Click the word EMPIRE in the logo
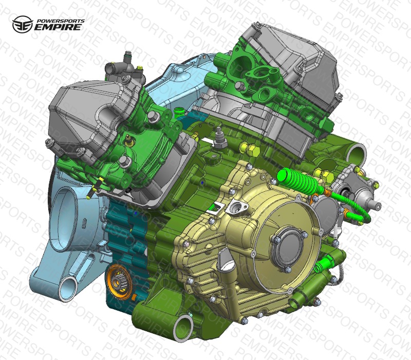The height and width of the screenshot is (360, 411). (58, 27)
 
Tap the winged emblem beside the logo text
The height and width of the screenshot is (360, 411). (23, 24)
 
